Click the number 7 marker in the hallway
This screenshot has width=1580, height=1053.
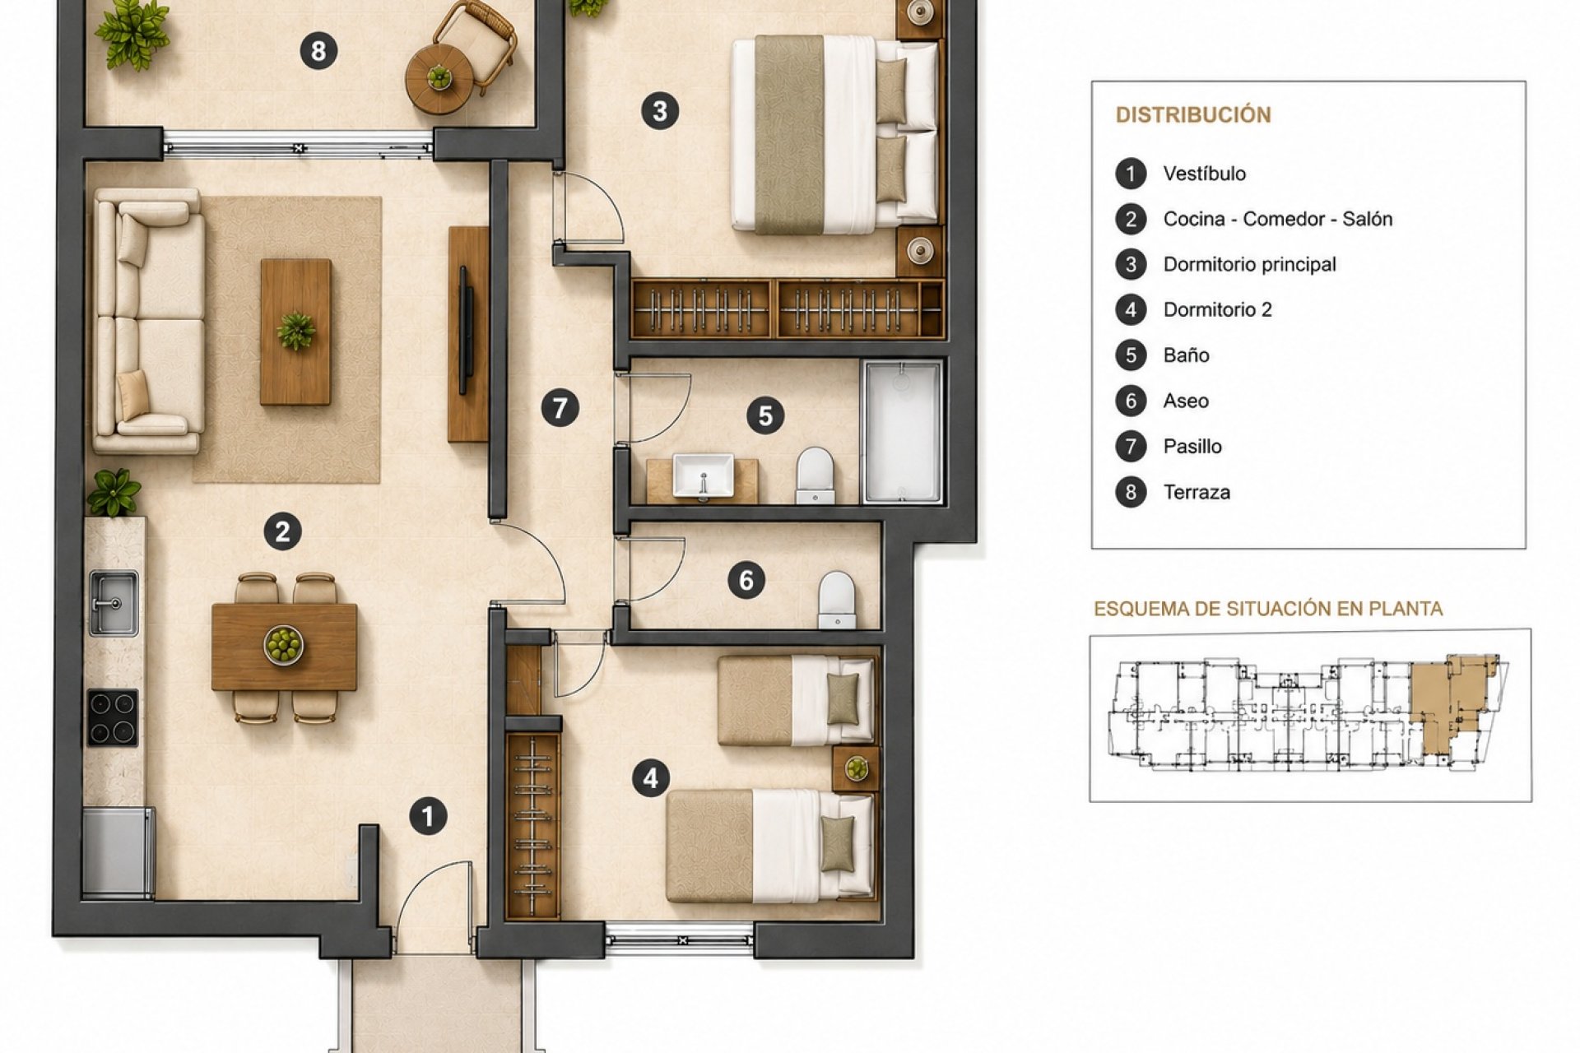(560, 408)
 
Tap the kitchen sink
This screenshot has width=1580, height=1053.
(113, 603)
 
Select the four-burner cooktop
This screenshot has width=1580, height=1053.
(113, 718)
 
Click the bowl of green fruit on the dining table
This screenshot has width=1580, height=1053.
(284, 644)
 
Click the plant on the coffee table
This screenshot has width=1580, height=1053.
(295, 331)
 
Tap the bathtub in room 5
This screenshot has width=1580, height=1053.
(902, 432)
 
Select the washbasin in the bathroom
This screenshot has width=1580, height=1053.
(703, 476)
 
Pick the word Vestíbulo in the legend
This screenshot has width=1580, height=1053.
(1204, 174)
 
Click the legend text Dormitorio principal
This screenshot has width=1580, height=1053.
(1249, 264)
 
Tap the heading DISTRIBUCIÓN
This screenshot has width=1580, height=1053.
(1193, 114)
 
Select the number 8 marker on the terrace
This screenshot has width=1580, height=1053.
(318, 51)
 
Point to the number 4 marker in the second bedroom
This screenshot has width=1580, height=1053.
(651, 777)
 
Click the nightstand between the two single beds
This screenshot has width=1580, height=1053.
(856, 768)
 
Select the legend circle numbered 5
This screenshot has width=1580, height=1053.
(1131, 355)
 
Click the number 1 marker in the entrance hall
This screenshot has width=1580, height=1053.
(428, 816)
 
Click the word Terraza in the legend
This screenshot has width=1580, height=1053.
(1197, 492)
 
